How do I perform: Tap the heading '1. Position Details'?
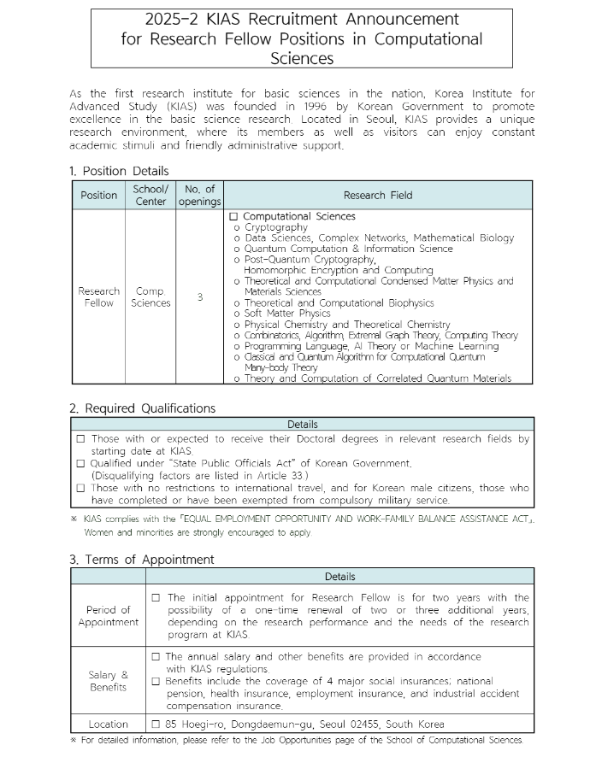pyautogui.click(x=119, y=171)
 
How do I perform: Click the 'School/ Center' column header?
pyautogui.click(x=150, y=195)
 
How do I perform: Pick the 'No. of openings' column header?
pyautogui.click(x=199, y=195)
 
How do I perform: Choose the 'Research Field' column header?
pyautogui.click(x=378, y=195)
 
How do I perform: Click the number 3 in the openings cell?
pyautogui.click(x=199, y=297)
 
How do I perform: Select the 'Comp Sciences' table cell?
pyautogui.click(x=150, y=297)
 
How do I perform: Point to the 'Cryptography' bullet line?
pyautogui.click(x=275, y=227)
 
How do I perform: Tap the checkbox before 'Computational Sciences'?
pyautogui.click(x=233, y=217)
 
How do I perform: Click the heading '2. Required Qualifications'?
pyautogui.click(x=142, y=408)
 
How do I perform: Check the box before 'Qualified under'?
pyautogui.click(x=80, y=463)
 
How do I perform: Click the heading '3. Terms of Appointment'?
pyautogui.click(x=142, y=560)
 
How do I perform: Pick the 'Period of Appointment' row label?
pyautogui.click(x=109, y=616)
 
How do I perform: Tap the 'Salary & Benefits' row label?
pyautogui.click(x=109, y=681)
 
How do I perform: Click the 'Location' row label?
pyautogui.click(x=109, y=724)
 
